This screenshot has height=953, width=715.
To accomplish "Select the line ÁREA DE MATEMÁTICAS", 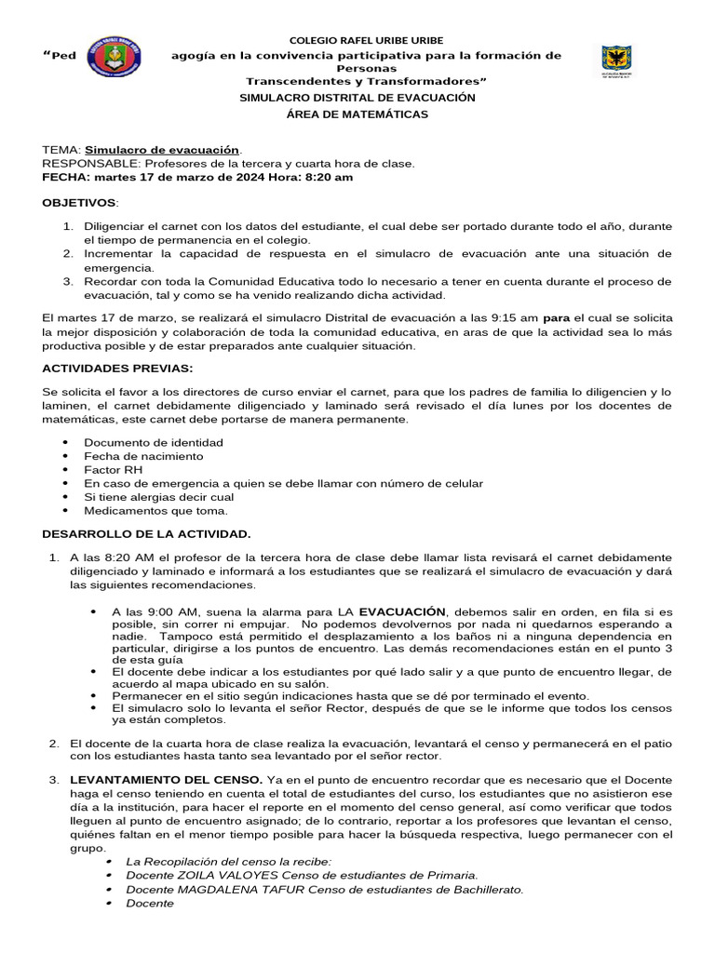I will (x=357, y=114).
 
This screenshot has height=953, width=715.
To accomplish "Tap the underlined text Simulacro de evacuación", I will (x=163, y=150).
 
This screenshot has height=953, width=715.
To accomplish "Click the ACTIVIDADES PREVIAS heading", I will (x=117, y=368).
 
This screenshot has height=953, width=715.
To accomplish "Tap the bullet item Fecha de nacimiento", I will (x=143, y=456).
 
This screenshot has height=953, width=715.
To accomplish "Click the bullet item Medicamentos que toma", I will (x=155, y=511).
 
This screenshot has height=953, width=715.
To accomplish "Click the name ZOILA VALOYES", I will (x=217, y=875).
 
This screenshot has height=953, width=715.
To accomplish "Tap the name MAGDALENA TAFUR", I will (x=232, y=889).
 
